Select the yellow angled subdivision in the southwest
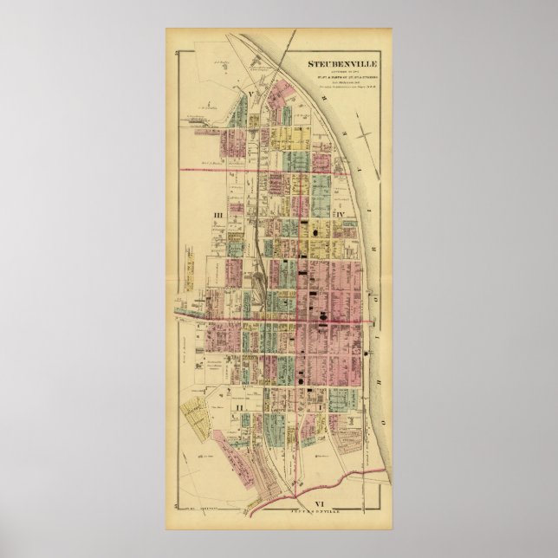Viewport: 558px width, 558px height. coord(198,421)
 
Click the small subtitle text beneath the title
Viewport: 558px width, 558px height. coord(345,81)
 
